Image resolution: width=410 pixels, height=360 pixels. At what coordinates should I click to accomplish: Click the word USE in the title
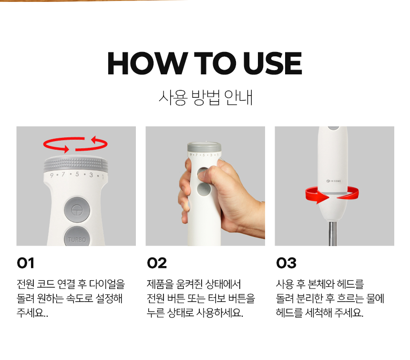click(273, 63)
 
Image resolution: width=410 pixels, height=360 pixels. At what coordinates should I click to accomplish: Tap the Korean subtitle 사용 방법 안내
click(205, 98)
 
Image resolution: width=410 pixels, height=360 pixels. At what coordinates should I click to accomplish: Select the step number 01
click(25, 263)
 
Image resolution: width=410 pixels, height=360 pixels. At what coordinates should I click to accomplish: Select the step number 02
click(157, 263)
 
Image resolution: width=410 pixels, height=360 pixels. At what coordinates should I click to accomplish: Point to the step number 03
click(286, 263)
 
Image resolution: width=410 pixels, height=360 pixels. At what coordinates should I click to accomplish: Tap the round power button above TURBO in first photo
click(77, 210)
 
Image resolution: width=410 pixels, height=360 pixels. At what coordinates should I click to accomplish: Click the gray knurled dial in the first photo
click(76, 164)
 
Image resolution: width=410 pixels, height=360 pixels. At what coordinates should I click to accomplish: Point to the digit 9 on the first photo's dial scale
click(51, 175)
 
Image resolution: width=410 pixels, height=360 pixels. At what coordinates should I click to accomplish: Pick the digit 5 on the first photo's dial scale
click(77, 174)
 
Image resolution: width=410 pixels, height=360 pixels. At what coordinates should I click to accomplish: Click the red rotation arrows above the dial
click(75, 144)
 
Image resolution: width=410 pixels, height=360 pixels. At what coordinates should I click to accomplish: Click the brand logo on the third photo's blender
click(334, 181)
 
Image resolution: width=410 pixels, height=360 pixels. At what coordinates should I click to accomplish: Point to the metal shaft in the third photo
click(333, 234)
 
